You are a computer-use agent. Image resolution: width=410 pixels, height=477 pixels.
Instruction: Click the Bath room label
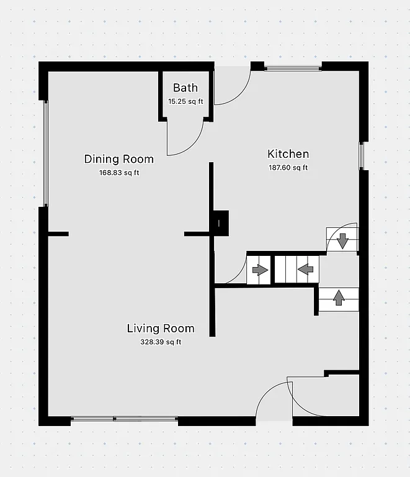pos(185,88)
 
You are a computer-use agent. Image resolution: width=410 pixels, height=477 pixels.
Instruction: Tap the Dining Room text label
pos(118,159)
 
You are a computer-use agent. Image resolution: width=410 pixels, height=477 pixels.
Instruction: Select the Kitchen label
pos(288,154)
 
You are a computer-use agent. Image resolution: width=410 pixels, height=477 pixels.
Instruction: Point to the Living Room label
pos(161,329)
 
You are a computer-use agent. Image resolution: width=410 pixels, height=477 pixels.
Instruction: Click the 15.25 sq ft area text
pos(185,101)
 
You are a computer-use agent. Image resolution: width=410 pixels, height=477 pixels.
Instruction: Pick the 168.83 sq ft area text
pos(119,173)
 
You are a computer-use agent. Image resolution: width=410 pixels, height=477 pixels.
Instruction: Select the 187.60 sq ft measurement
pos(288,167)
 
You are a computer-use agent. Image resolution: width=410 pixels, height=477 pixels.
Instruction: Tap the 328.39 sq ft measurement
pos(161,342)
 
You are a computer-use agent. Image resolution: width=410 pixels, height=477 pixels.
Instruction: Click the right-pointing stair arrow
pos(259,270)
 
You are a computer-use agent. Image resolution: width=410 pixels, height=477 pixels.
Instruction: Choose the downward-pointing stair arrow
pos(342,239)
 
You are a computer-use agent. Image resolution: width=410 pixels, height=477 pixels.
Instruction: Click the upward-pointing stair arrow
pos(339,298)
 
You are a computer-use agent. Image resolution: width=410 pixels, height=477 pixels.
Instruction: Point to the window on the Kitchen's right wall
pos(362,155)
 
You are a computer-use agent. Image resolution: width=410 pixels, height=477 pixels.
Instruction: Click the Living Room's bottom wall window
pos(124,420)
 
